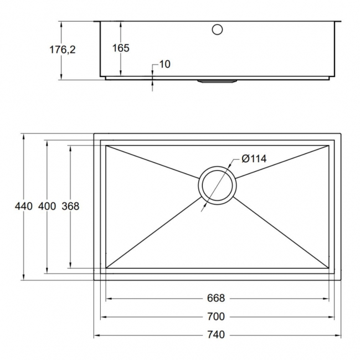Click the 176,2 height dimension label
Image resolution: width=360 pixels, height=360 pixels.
point(63,49)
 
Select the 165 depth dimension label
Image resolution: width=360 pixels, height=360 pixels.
point(121,48)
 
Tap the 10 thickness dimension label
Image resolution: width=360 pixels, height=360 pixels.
point(164,64)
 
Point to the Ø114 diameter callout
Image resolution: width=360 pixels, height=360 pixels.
point(254,159)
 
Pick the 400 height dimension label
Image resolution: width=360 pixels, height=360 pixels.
point(47,207)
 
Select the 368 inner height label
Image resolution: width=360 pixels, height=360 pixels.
point(70,207)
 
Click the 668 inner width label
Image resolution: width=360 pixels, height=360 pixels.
point(216,299)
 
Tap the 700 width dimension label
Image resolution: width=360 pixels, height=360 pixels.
point(216,317)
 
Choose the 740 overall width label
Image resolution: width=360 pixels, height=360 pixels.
point(216,335)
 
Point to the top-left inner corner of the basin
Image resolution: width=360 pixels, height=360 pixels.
point(106,146)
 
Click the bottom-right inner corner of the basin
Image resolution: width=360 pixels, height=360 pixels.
point(329,268)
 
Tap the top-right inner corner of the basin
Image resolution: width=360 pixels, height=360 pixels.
point(329,146)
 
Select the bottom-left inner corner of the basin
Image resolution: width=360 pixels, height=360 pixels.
point(106,268)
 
